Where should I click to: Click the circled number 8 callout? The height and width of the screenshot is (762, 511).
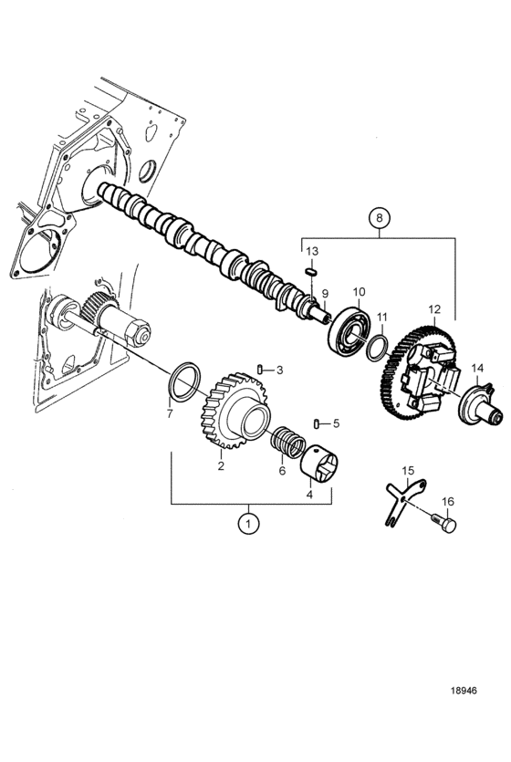point(380,218)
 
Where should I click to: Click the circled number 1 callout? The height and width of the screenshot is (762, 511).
point(249,524)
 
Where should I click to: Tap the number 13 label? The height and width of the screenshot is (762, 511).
point(312,251)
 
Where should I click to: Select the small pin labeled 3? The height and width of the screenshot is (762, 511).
point(260,371)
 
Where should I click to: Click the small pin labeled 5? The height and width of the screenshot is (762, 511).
point(317,423)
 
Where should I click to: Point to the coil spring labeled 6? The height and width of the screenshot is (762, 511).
point(288,442)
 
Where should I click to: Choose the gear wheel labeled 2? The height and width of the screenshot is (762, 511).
point(235,410)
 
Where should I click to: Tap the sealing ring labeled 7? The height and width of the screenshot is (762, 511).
point(185,381)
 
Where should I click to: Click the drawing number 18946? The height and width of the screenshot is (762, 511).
point(464,691)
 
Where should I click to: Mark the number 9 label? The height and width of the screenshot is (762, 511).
point(325,294)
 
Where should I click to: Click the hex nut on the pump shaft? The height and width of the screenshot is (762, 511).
point(137,334)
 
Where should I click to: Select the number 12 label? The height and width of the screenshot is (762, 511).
point(434,309)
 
